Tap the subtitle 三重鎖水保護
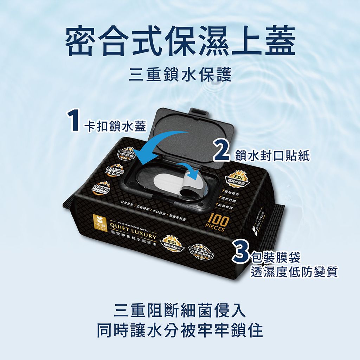point(180,75)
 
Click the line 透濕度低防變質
point(294,272)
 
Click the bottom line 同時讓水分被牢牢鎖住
point(180,331)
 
